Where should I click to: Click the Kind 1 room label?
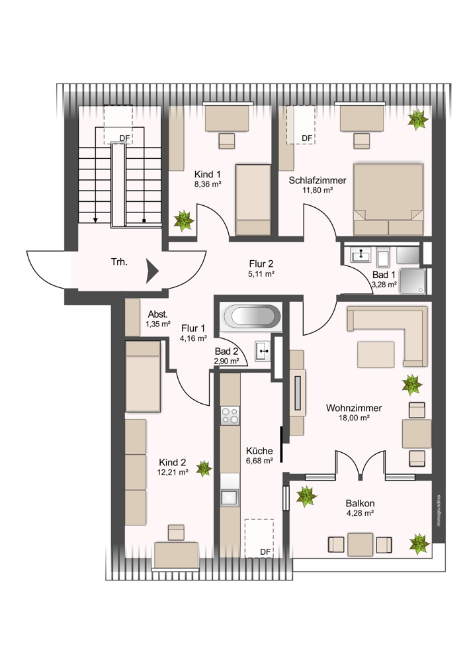tap(208, 174)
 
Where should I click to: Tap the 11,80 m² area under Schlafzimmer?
tap(318, 190)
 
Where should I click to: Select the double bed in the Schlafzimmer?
tap(388, 199)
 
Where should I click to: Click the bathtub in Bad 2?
tap(252, 316)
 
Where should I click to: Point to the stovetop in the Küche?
tap(230, 415)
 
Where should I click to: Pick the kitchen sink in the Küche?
tap(230, 497)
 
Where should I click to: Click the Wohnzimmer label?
tap(354, 408)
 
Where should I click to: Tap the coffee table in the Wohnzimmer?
tap(376, 355)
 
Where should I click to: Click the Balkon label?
tap(360, 503)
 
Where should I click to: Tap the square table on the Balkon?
tap(361, 545)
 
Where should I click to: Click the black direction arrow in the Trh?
tap(152, 271)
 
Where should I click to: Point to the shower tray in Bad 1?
tap(411, 281)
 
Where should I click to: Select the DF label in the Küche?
tap(265, 552)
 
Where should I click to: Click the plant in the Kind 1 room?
tap(184, 221)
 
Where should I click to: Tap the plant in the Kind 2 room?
tap(204, 468)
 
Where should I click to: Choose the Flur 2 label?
tap(261, 264)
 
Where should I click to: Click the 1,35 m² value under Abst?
tap(158, 324)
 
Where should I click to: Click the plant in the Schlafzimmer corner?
tap(417, 119)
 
